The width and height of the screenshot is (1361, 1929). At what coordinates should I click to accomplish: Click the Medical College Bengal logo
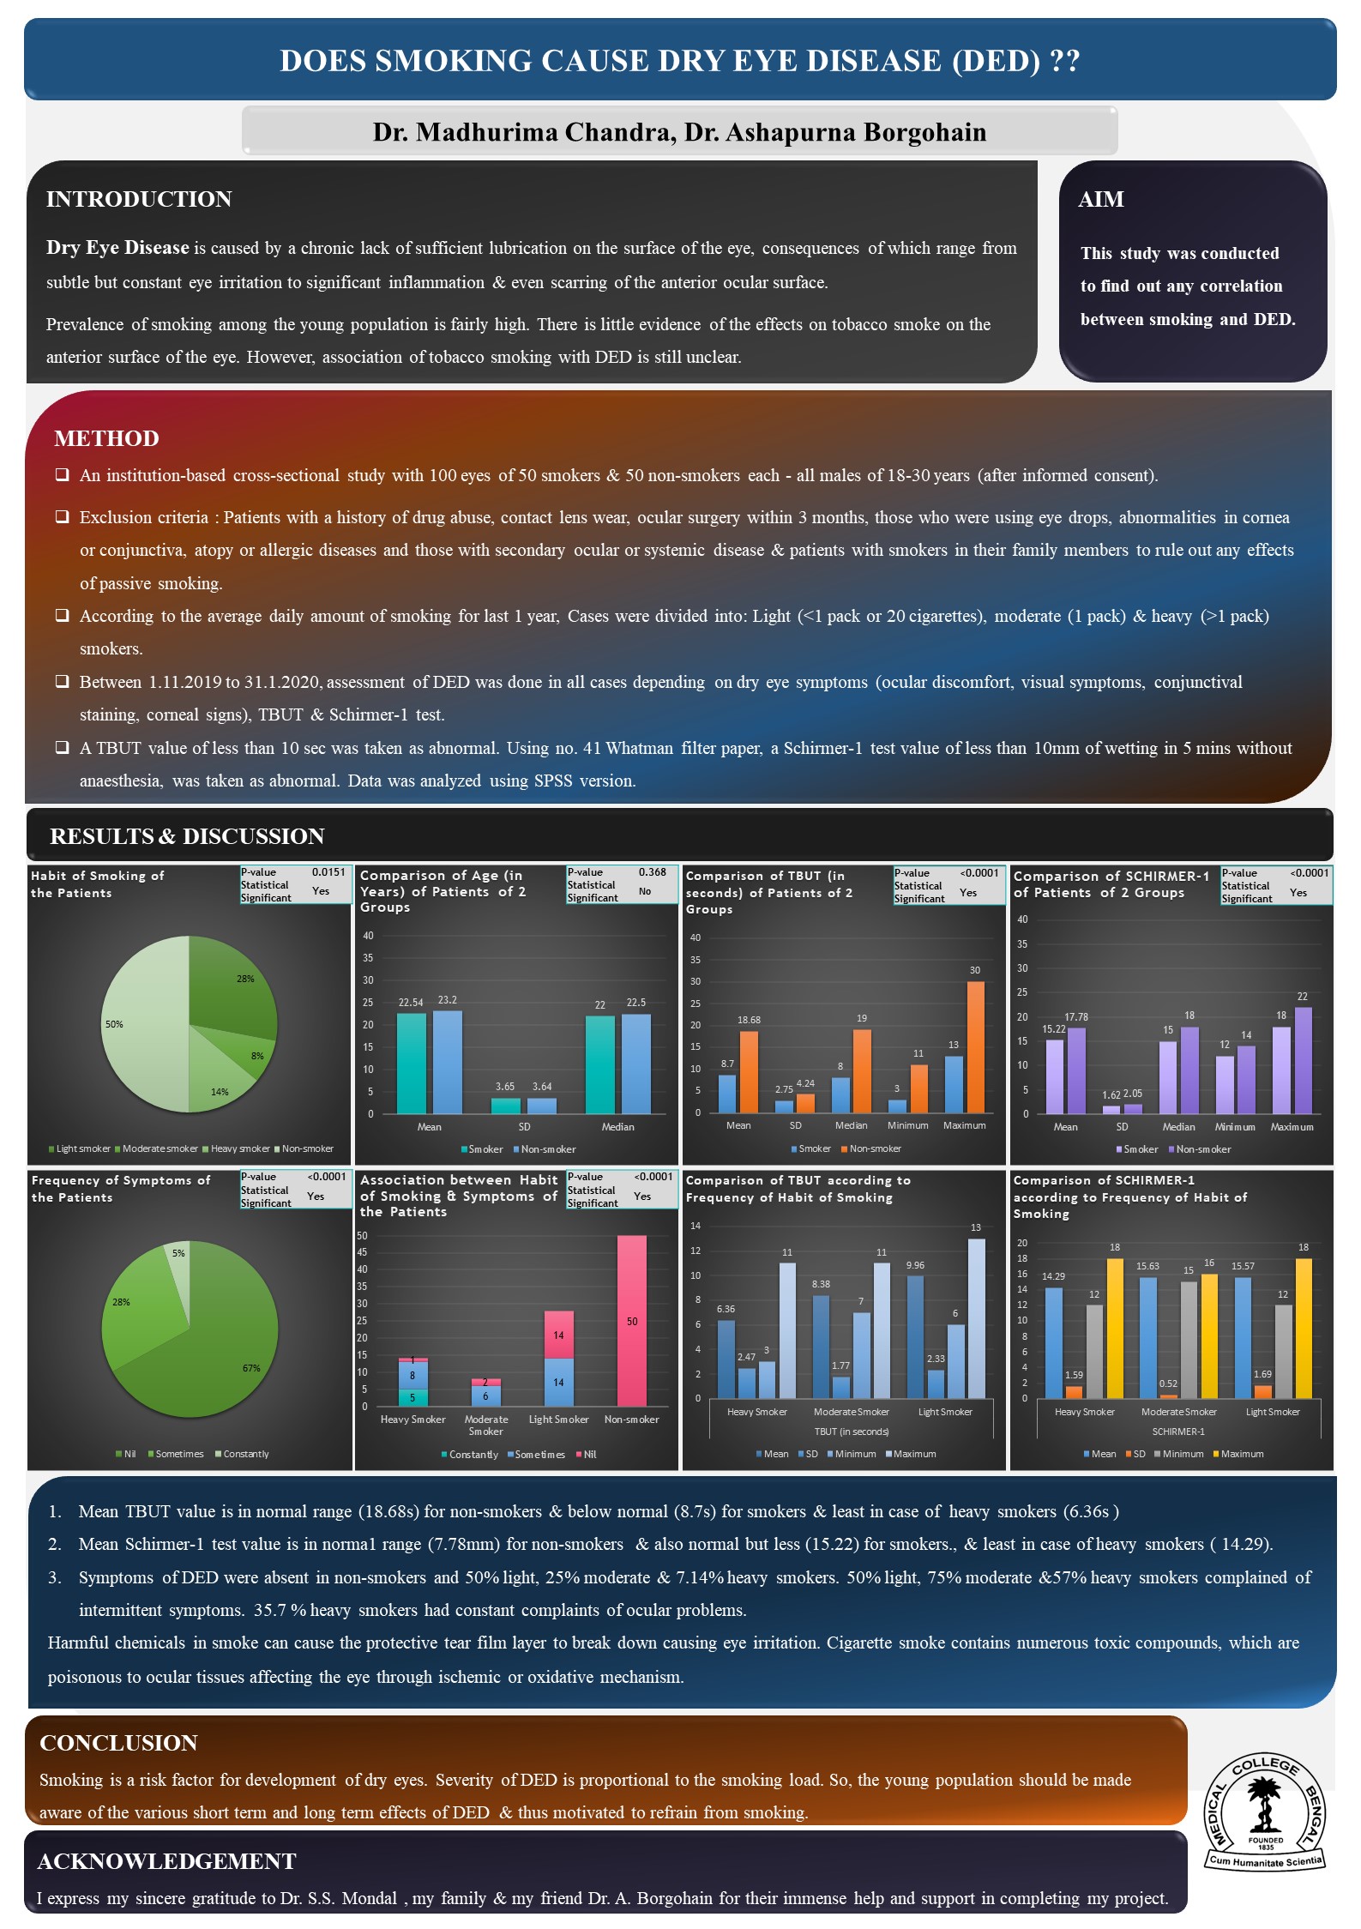click(1265, 1812)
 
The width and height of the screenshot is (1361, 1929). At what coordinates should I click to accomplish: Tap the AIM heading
click(1100, 199)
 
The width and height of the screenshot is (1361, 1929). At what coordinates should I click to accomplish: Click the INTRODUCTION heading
click(139, 199)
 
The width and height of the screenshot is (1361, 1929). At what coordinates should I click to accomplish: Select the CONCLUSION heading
click(118, 1742)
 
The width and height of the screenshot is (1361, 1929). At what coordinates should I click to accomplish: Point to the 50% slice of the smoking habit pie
click(142, 1024)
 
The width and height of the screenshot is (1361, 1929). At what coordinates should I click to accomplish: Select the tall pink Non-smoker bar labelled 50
click(632, 1321)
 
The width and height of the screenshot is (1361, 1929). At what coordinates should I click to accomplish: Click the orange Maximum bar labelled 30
click(975, 1046)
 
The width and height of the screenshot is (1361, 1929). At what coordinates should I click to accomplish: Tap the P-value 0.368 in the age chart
click(652, 872)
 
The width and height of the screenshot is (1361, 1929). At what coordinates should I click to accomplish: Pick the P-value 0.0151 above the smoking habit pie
click(328, 872)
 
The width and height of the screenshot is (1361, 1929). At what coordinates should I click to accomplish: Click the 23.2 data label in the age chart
click(447, 1000)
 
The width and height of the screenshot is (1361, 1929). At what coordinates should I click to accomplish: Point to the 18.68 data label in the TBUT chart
click(749, 1020)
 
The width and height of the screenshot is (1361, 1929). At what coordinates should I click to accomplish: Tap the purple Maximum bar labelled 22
click(1303, 1060)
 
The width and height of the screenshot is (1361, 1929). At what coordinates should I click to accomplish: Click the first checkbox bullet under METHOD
click(63, 475)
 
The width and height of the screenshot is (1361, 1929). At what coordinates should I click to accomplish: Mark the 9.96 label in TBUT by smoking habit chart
click(915, 1265)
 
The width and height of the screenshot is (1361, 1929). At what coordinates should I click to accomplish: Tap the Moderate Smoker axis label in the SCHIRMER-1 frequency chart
click(1178, 1412)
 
